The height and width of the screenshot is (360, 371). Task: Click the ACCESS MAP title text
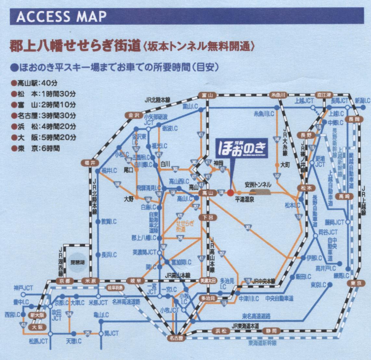coord(61,16)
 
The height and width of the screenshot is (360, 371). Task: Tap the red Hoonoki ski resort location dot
coord(230,193)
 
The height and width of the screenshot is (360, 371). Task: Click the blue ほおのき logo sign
coord(243,148)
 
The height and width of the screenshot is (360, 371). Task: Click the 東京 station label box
coord(354,283)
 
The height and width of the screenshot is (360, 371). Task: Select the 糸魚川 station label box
coord(278,95)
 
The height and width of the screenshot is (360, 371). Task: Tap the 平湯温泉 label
coord(244,200)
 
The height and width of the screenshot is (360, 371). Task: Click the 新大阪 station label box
coord(37,315)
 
